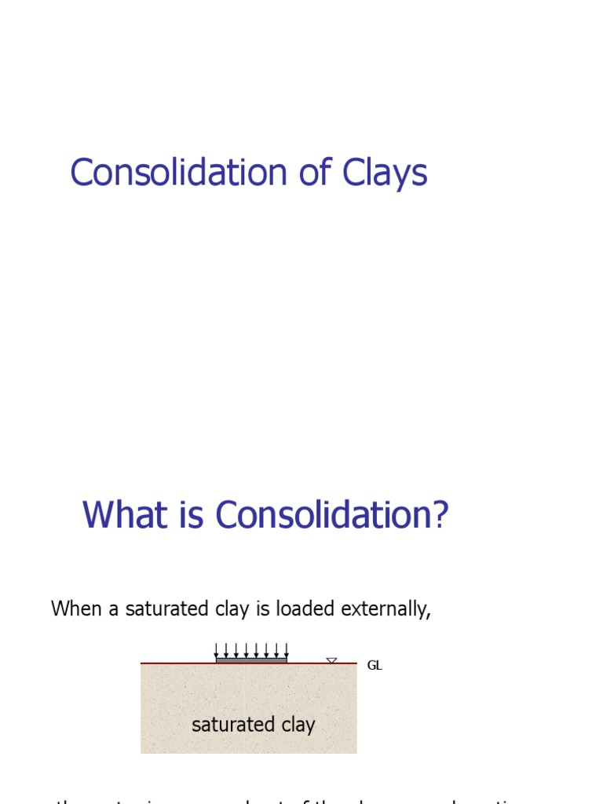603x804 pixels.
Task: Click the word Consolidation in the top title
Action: pos(180,173)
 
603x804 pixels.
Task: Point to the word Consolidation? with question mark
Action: pos(331,516)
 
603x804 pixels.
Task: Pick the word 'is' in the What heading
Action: pos(191,516)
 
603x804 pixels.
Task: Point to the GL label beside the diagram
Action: pos(375,666)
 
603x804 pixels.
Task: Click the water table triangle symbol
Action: pos(331,661)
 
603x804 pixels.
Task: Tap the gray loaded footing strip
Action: pos(251,660)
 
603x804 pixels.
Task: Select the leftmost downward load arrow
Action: pos(217,650)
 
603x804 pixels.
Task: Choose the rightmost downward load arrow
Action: pos(286,650)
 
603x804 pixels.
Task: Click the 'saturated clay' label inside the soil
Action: pos(253,724)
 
